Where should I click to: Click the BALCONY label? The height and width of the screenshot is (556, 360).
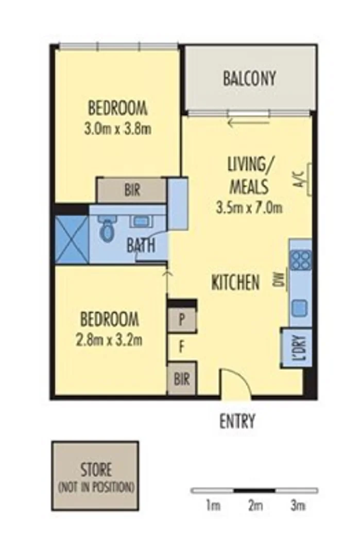click(x=249, y=79)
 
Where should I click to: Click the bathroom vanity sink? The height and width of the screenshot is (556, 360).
click(x=140, y=222)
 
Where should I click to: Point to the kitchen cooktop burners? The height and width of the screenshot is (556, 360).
click(x=300, y=259)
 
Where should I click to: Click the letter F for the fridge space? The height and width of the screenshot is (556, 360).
click(x=181, y=346)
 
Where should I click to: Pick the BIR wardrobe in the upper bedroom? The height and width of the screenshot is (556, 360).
click(x=132, y=190)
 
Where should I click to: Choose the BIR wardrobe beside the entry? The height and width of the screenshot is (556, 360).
click(x=181, y=380)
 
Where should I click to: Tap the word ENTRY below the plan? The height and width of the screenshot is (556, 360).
click(x=237, y=422)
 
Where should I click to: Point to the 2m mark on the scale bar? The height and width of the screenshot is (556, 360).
click(x=254, y=506)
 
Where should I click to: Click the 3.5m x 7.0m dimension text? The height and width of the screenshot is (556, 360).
click(x=249, y=208)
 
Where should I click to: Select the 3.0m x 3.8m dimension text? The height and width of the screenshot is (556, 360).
click(x=118, y=129)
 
